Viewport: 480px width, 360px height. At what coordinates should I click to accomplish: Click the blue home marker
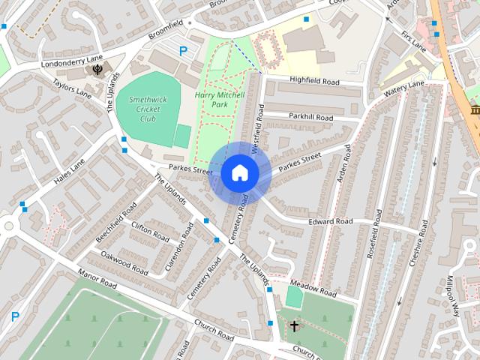238,173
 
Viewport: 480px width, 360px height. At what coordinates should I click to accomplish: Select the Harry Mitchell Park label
220,100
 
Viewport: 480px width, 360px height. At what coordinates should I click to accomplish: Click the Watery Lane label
404,90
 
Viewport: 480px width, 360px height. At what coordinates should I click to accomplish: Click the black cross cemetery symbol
294,325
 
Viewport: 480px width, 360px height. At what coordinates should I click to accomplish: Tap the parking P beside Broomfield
183,51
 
